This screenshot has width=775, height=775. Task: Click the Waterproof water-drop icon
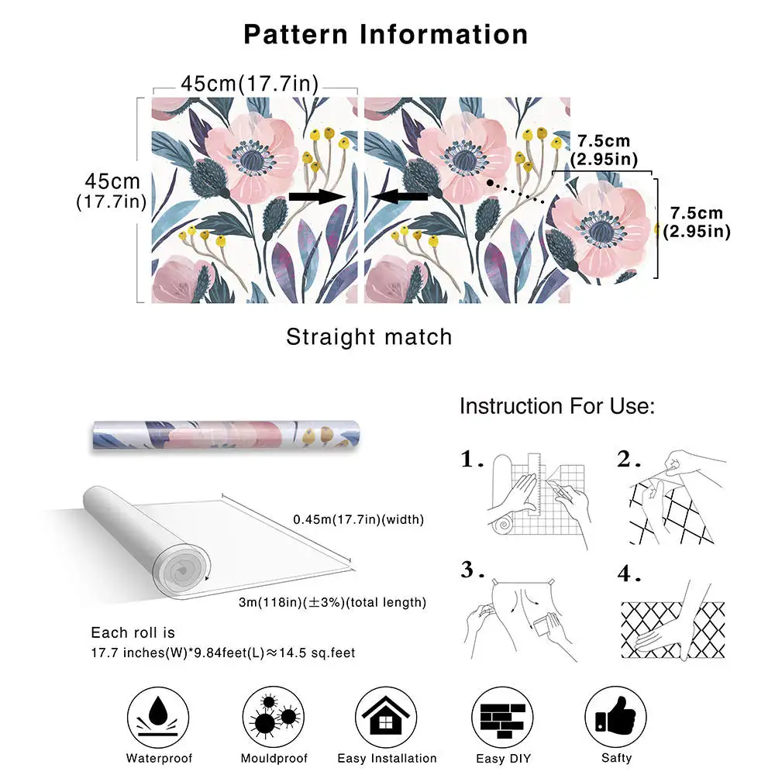(x=160, y=714)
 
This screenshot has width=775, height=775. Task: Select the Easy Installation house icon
(x=387, y=714)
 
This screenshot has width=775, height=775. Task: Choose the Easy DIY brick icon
(x=503, y=714)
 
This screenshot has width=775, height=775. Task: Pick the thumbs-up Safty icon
(x=615, y=714)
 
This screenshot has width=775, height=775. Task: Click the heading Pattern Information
(x=386, y=34)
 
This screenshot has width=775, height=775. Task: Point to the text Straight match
(x=369, y=337)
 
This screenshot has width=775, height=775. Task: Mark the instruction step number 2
(x=627, y=460)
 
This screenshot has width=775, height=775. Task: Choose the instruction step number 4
(x=627, y=574)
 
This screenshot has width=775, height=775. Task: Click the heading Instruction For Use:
(x=557, y=406)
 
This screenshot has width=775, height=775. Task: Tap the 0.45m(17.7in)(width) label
(x=359, y=518)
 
